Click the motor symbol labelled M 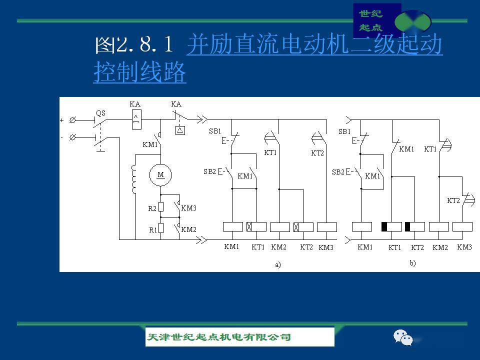point(160,174)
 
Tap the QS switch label point(100,113)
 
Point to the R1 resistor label point(152,230)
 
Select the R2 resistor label point(152,208)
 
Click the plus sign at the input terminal point(62,120)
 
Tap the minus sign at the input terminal point(62,136)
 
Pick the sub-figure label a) point(278,265)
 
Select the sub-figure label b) point(412,263)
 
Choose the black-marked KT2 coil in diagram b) point(414,227)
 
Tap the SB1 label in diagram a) point(215,131)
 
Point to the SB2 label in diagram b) point(338,172)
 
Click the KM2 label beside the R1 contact point(188,229)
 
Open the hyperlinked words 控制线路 point(139,73)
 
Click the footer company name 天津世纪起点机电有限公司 point(218,337)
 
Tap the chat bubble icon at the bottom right point(403,337)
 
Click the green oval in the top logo point(412,21)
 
